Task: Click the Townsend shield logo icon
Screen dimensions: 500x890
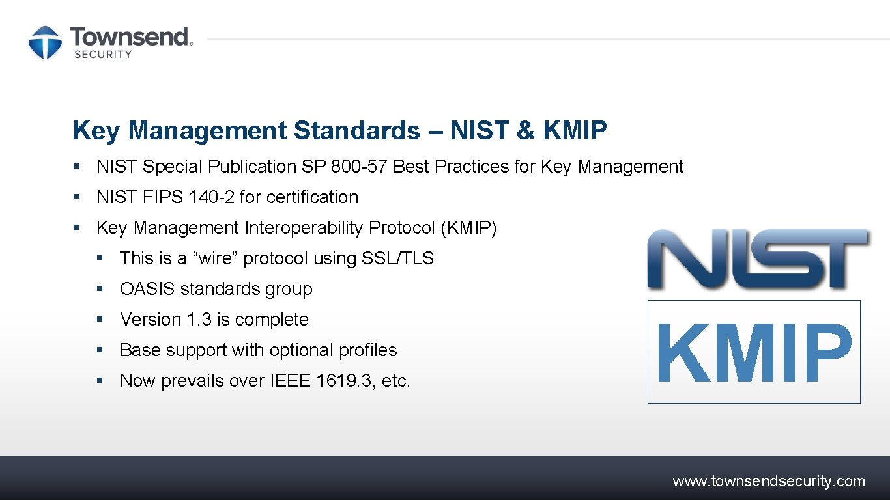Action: tap(45, 42)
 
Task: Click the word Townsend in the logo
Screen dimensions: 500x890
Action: tap(130, 36)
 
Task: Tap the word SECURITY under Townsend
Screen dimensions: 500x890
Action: tap(103, 55)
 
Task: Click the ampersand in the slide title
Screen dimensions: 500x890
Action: tap(525, 130)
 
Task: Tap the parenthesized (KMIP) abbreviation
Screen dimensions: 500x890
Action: tap(468, 228)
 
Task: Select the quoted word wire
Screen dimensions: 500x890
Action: tap(216, 258)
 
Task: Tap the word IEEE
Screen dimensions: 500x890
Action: tap(290, 381)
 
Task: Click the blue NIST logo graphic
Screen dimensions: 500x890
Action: tap(757, 258)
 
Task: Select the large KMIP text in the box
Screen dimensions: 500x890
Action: tap(754, 352)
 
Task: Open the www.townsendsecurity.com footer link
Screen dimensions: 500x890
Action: tap(769, 482)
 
